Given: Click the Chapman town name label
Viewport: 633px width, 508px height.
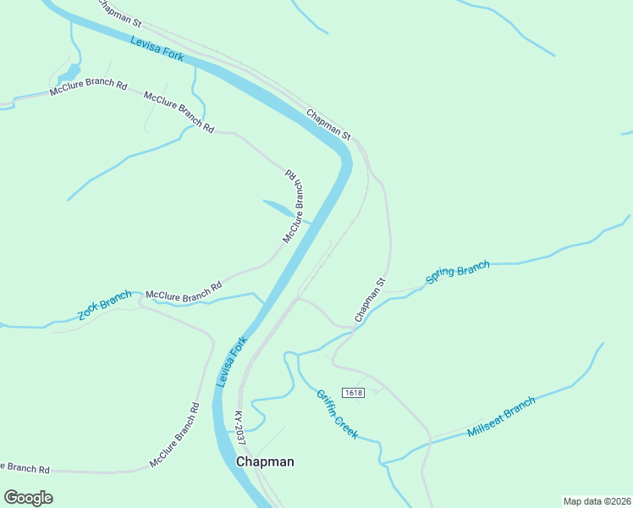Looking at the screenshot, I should (265, 461).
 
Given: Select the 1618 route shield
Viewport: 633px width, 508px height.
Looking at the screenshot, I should (353, 393).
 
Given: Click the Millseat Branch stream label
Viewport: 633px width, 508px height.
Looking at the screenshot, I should (501, 417).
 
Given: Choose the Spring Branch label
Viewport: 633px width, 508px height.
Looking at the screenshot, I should (457, 273).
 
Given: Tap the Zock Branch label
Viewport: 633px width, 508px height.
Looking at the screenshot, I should (105, 305).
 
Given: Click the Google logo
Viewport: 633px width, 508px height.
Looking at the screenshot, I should (28, 497).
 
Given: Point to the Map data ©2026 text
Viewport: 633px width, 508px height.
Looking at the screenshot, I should (597, 500).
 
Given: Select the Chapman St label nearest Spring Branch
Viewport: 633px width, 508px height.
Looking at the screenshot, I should (371, 301).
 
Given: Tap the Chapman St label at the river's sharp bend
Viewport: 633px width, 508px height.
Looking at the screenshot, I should (328, 124).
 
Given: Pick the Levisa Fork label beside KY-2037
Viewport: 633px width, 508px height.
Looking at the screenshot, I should (230, 362).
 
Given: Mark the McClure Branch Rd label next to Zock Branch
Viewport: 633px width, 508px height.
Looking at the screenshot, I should (184, 290).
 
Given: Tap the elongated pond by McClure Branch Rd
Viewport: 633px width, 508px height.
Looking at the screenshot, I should (278, 207).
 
